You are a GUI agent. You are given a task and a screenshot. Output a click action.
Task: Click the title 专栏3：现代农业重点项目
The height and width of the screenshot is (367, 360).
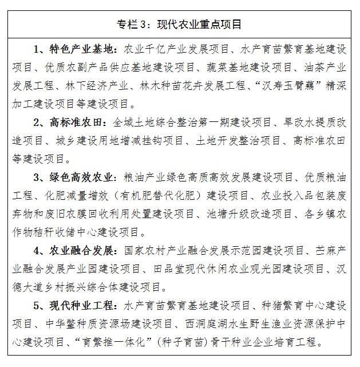180,24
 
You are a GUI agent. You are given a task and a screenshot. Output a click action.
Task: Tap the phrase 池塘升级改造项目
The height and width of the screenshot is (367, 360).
249,215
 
